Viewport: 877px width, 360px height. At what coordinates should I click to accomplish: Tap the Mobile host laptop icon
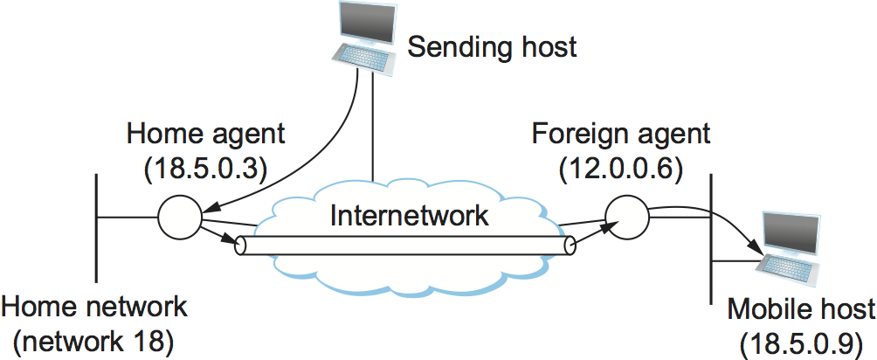pos(790,250)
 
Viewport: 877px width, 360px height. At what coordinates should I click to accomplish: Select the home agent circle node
pos(180,217)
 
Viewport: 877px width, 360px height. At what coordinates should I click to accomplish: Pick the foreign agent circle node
pos(625,214)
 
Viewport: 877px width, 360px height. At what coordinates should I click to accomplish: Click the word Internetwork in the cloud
pos(409,215)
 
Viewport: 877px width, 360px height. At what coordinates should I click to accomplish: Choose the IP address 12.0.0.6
pos(621,166)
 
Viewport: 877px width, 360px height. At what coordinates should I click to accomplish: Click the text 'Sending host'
pos(493,45)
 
